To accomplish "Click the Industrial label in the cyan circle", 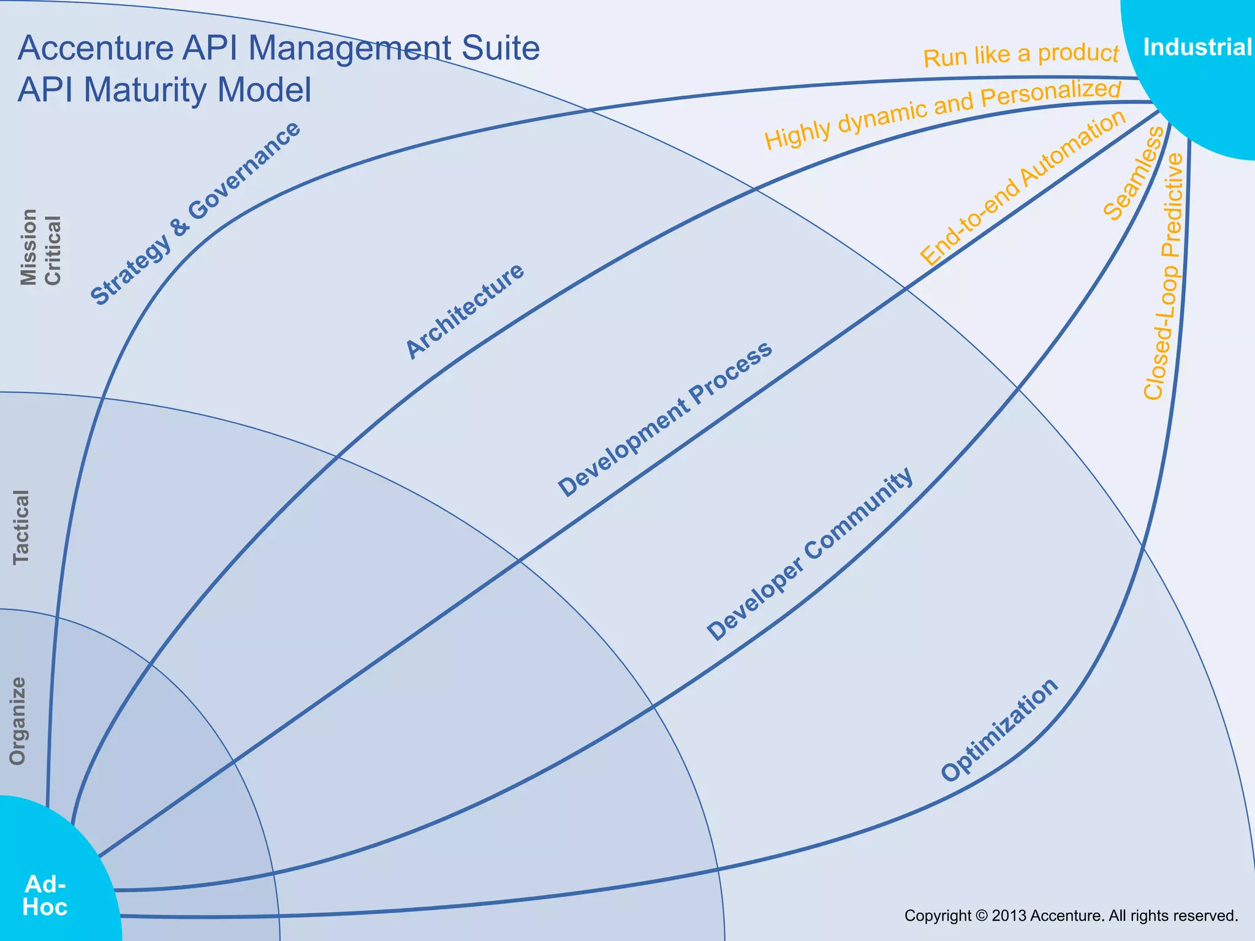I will click(1197, 47).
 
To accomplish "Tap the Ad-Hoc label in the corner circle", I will click(45, 896).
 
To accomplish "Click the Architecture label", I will click(465, 311).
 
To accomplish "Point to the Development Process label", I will click(665, 419).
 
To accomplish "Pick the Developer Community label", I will click(809, 554).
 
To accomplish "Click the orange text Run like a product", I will click(1020, 56).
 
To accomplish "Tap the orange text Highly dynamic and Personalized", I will click(942, 114).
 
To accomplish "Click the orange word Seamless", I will click(1134, 173).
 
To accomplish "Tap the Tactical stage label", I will click(21, 527).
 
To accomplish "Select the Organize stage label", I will click(18, 721).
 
